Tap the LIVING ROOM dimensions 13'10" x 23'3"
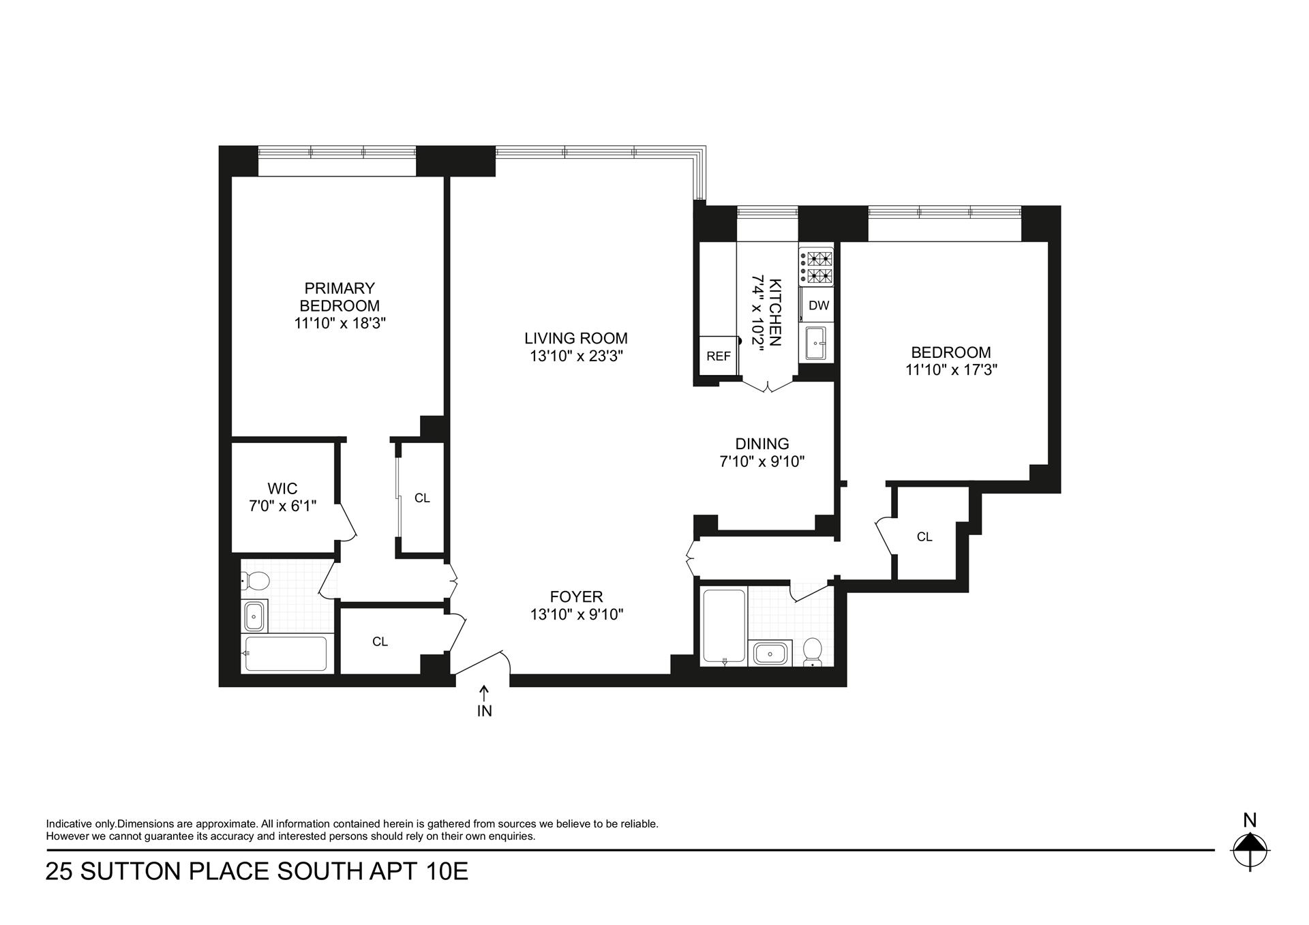pyautogui.click(x=576, y=356)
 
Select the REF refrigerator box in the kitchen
pyautogui.click(x=718, y=356)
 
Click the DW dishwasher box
pyautogui.click(x=818, y=306)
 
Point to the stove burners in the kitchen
pyautogui.click(x=816, y=267)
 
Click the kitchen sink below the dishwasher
pyautogui.click(x=815, y=343)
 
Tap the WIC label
pyautogui.click(x=282, y=489)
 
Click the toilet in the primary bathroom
pyautogui.click(x=256, y=581)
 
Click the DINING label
pyautogui.click(x=762, y=444)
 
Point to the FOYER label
pyautogui.click(x=577, y=597)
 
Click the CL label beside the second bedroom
pyautogui.click(x=924, y=537)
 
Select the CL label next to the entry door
pyautogui.click(x=380, y=641)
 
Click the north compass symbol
pyautogui.click(x=1250, y=849)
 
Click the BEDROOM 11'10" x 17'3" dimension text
pyautogui.click(x=951, y=370)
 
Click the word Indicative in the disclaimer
pyautogui.click(x=70, y=823)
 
